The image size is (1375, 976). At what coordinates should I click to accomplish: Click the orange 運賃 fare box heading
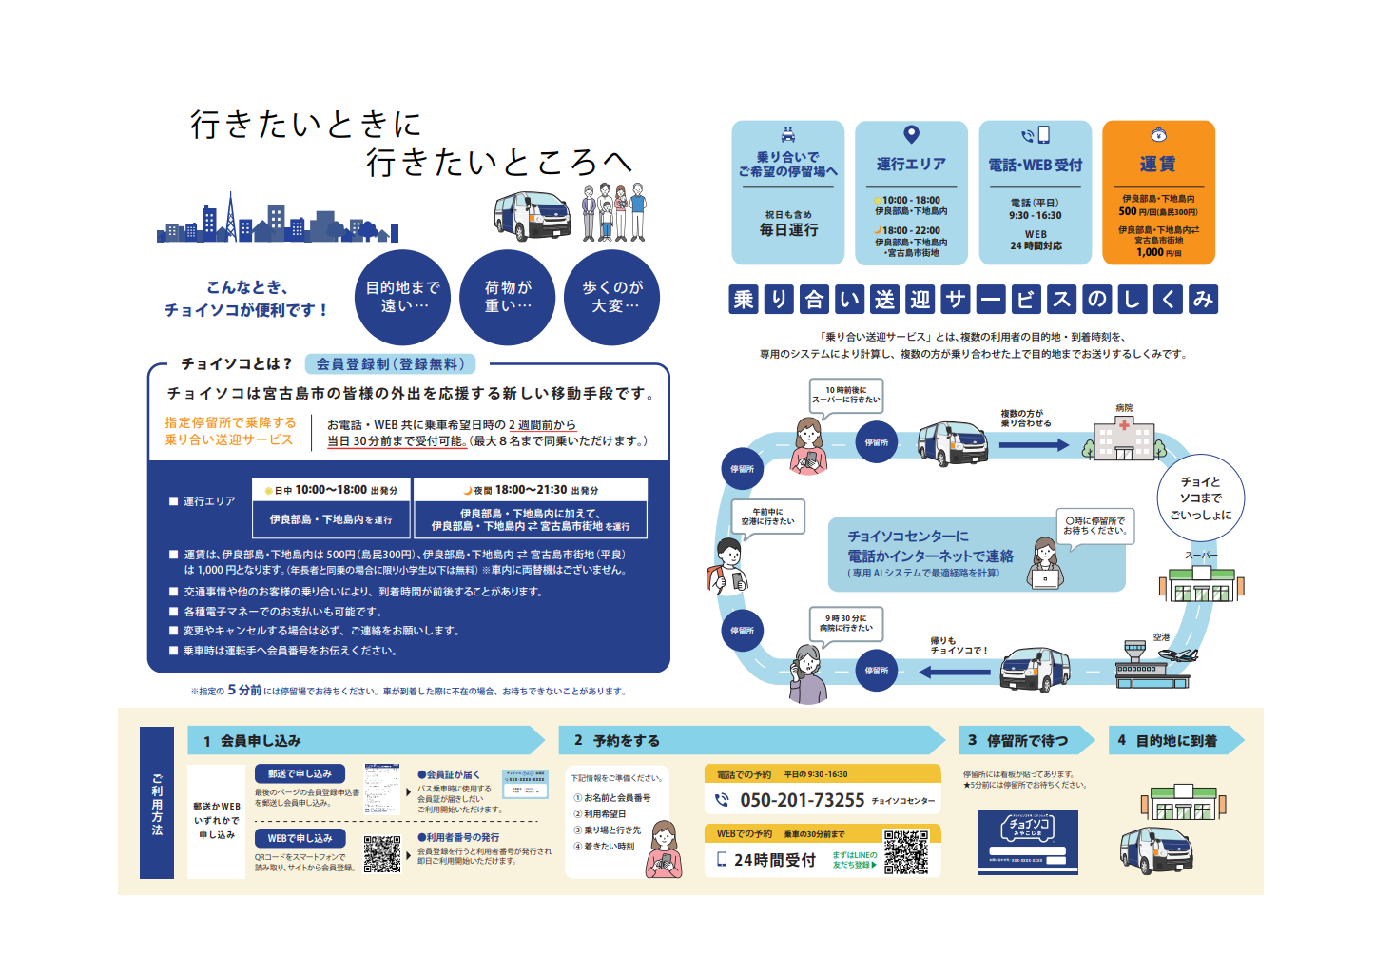1157,165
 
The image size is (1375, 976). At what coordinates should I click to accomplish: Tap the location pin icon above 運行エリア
911,135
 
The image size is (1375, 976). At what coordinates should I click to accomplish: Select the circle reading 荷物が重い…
508,297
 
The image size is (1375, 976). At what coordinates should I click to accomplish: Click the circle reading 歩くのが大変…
612,297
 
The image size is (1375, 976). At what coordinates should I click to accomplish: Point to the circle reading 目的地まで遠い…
403,297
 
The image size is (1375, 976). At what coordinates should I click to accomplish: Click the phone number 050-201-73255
802,801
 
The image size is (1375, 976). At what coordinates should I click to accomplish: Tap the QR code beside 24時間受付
905,851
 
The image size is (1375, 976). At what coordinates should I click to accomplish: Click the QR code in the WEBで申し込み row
382,854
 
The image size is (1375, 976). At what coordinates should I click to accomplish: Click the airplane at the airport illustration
1179,654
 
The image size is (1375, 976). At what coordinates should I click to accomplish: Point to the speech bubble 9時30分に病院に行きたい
845,623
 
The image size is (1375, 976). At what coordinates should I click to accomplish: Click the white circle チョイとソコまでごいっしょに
1200,498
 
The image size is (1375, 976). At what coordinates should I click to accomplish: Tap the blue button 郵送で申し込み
300,774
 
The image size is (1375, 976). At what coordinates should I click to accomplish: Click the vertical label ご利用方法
157,804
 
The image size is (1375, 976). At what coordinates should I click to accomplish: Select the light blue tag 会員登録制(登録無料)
390,363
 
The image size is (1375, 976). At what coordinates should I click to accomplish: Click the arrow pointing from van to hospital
1034,444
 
